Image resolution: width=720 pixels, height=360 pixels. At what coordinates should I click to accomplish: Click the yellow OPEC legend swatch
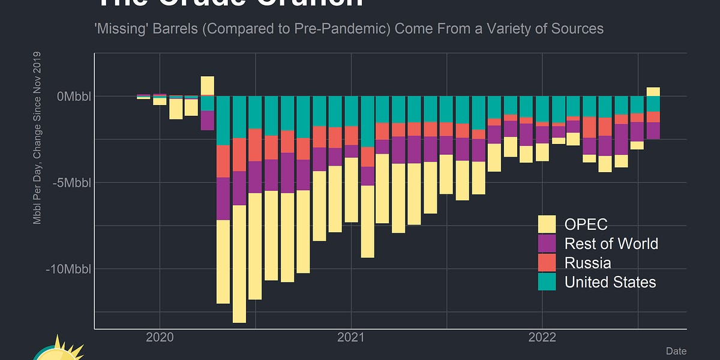547,224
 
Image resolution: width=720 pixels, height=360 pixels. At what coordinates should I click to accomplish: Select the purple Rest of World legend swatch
547,244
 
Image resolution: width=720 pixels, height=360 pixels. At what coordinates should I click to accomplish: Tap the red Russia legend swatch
547,263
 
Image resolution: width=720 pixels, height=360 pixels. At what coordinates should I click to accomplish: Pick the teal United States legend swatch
547,282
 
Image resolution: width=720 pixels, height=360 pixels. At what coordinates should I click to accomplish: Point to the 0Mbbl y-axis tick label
74,96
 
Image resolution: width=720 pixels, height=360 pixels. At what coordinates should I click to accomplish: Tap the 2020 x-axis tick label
160,337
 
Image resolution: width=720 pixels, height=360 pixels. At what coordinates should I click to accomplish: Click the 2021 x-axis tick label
351,337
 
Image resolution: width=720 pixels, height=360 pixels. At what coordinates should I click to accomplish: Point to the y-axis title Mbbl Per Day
37,139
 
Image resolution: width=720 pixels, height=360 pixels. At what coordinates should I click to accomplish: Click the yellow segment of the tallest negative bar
239,264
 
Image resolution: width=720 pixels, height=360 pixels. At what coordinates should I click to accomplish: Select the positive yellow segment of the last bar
653,91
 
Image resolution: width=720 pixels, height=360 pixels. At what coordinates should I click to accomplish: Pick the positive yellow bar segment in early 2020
208,86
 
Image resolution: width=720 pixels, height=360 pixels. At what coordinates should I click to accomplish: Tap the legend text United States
610,282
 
